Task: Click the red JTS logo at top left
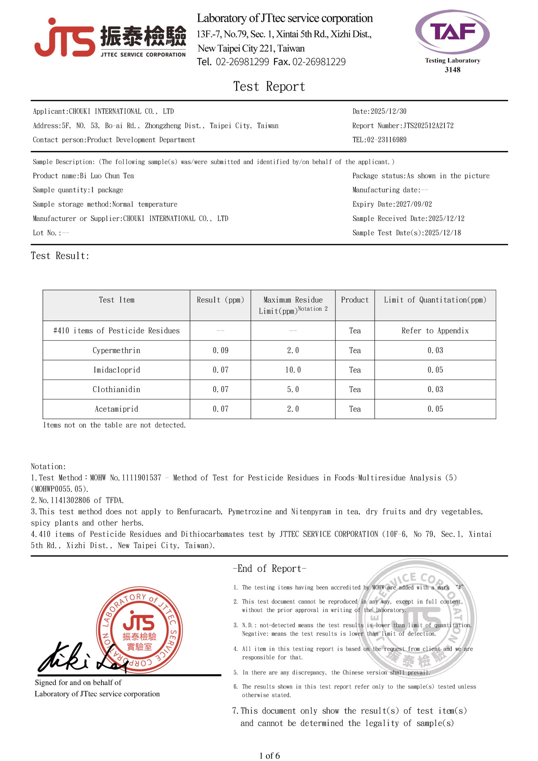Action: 65,38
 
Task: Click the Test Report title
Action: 269,87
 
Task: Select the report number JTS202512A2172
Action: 428,126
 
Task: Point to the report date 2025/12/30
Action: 388,111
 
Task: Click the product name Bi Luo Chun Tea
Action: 107,176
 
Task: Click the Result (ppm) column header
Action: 220,300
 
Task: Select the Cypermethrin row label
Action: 116,350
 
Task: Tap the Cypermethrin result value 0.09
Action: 221,350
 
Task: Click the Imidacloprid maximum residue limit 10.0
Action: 293,370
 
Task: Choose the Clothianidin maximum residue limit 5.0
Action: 293,389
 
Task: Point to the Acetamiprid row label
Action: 116,409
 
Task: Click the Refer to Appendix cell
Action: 435,331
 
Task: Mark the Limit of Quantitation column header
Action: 435,300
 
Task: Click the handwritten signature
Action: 80,658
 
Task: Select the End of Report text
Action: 269,569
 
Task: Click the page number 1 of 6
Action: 269,755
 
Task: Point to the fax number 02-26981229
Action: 319,62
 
